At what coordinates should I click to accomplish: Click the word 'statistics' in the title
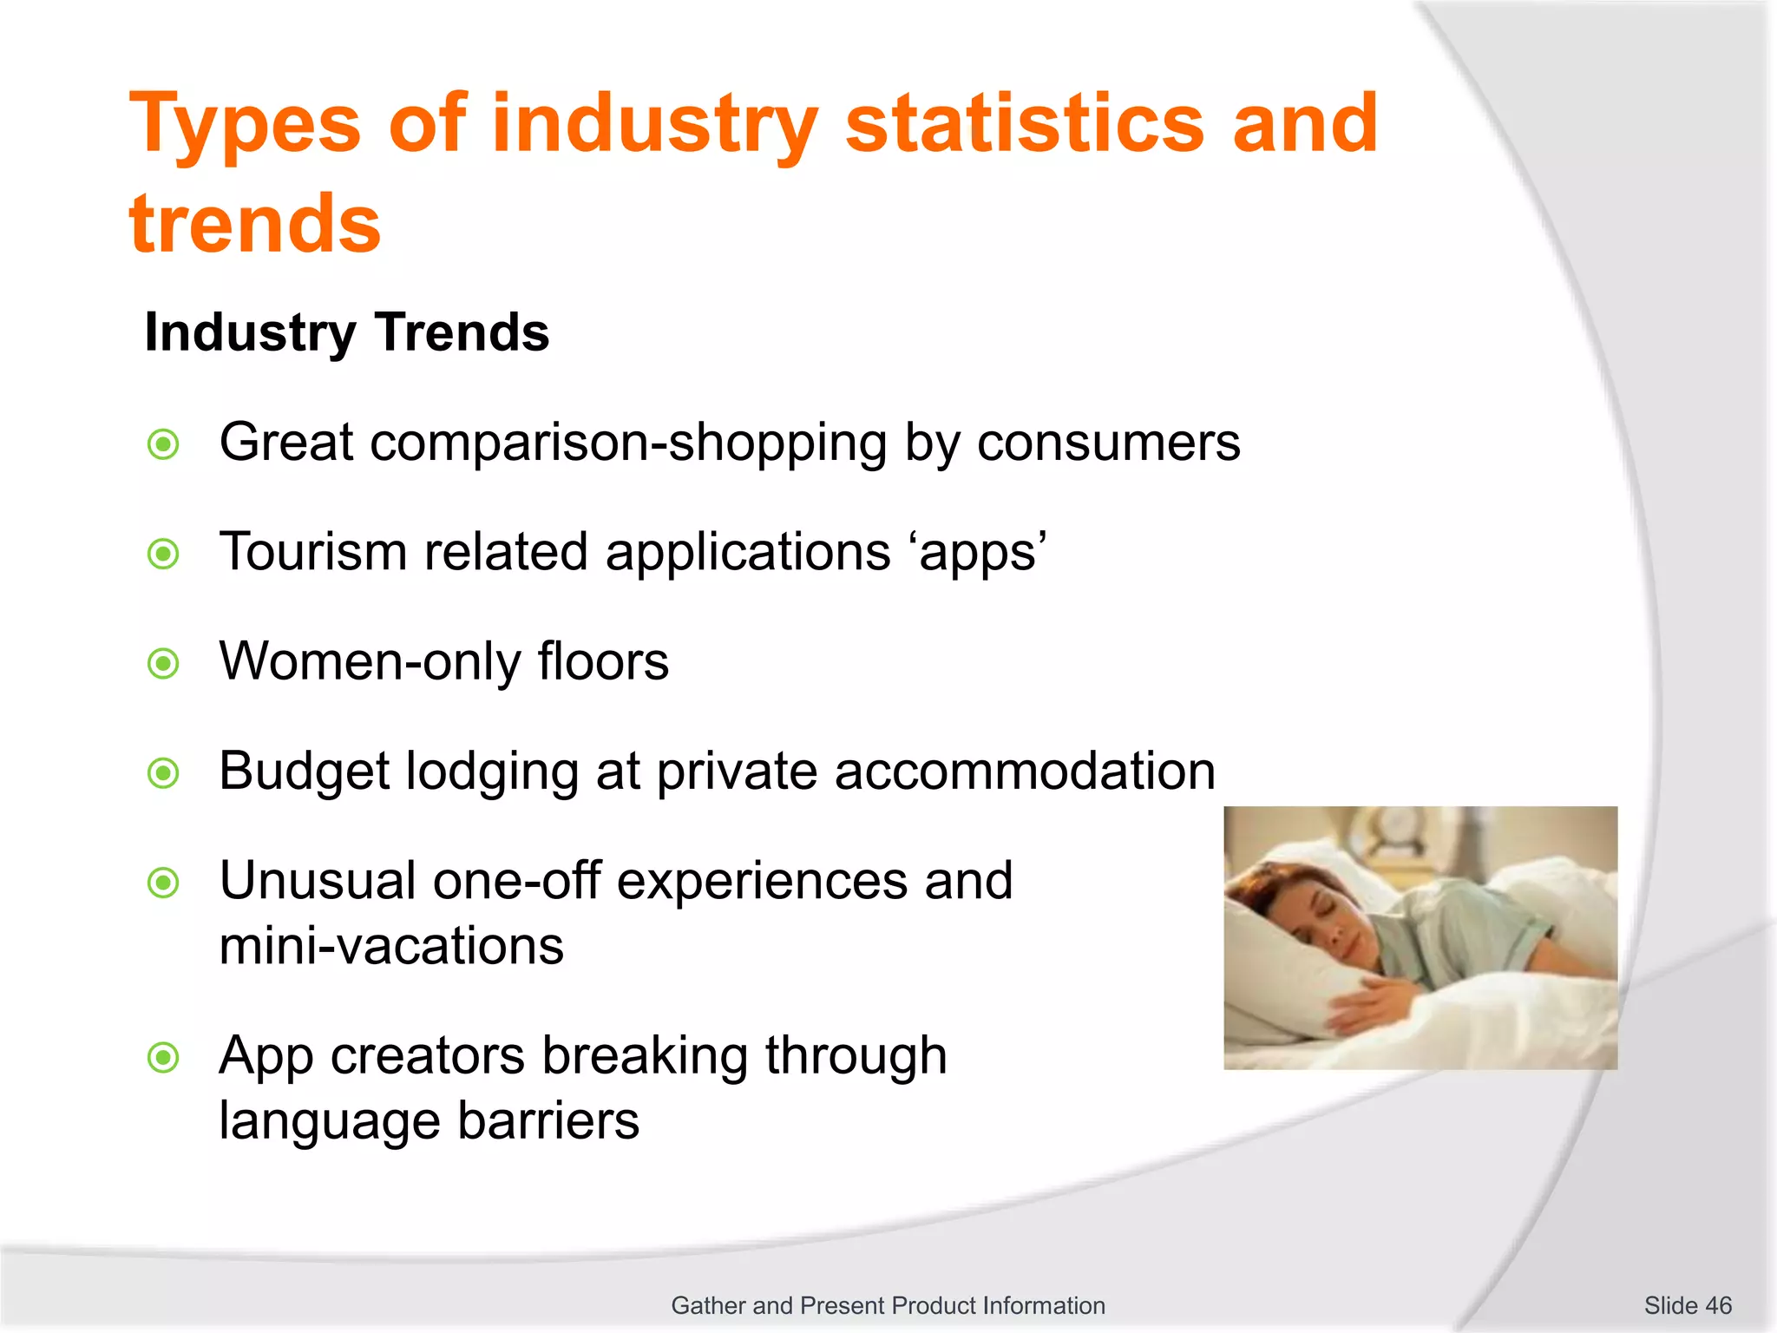[1024, 123]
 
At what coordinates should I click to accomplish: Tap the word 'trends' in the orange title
[254, 224]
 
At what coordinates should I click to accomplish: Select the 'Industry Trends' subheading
[346, 332]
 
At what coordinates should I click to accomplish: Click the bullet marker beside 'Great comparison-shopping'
[163, 444]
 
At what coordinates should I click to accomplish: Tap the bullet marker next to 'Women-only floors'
[163, 664]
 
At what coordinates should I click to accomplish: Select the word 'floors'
[603, 661]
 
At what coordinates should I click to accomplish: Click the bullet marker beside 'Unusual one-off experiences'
[163, 883]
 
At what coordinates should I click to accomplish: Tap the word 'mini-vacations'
[391, 946]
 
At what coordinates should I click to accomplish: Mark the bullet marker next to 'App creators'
[163, 1057]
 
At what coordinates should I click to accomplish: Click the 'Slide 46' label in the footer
[1687, 1305]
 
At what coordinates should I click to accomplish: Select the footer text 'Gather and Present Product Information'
[888, 1305]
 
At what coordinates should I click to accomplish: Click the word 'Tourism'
[312, 552]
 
